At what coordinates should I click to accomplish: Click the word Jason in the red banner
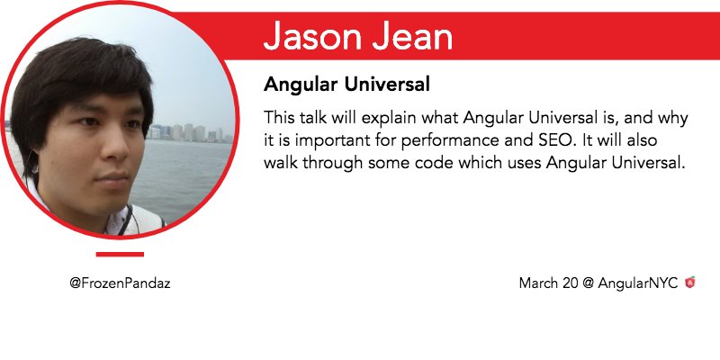314,35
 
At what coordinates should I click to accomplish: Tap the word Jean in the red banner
412,35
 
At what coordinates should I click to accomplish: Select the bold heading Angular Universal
346,85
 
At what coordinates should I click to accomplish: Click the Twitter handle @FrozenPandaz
120,283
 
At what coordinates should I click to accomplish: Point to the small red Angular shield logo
689,283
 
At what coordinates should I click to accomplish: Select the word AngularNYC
638,283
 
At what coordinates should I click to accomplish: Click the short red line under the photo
120,254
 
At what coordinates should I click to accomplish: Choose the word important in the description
328,141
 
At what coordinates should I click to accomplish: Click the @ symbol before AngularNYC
589,283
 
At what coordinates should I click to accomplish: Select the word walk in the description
280,163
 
